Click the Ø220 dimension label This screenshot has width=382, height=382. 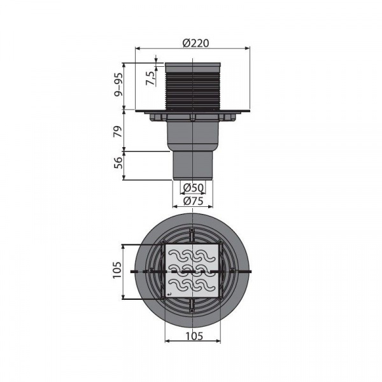coord(195,43)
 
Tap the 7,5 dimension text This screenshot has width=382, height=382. coord(150,78)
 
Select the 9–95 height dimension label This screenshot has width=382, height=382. coord(119,85)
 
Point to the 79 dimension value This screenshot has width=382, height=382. coord(118,131)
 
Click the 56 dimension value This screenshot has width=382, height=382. coord(118,163)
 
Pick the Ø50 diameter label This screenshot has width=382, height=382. coord(193,188)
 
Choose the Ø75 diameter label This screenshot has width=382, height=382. coord(193,201)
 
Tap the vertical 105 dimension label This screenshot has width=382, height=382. coord(117,270)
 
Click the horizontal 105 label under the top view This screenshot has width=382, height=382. coord(194,336)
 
